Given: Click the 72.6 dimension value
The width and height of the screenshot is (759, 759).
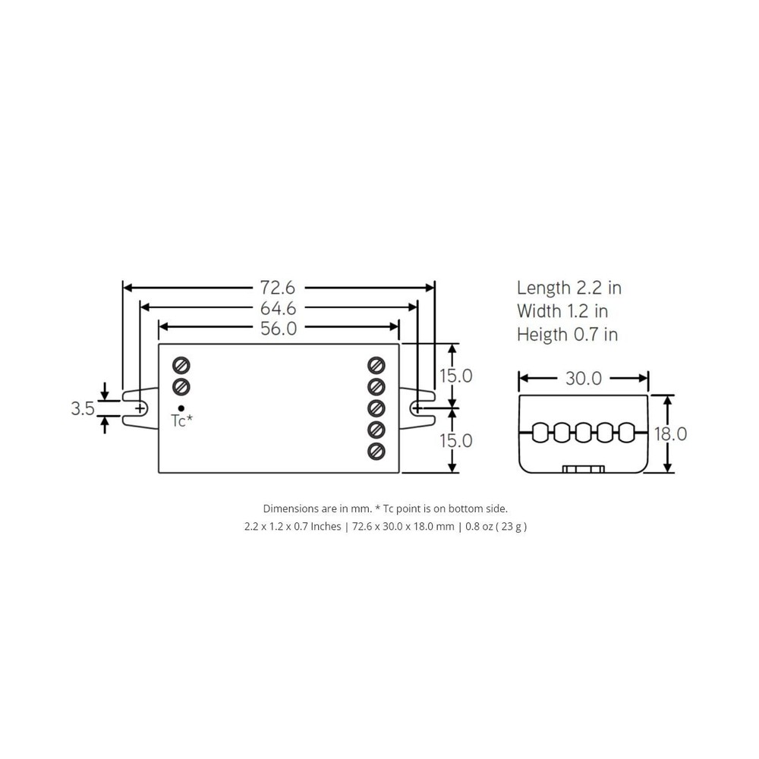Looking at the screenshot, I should click(x=277, y=288).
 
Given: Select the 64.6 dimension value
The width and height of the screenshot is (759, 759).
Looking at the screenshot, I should click(x=278, y=308).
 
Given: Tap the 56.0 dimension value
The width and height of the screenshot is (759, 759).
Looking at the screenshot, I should click(x=278, y=328).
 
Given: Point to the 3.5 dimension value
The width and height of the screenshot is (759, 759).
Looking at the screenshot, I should click(x=83, y=408).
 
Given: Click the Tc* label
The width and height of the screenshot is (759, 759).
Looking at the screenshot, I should click(x=181, y=422).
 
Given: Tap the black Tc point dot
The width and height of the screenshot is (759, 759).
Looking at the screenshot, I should click(x=181, y=408).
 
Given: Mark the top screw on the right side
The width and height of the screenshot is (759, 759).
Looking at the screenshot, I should click(x=376, y=364).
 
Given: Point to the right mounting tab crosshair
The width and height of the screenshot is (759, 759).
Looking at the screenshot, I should click(x=417, y=408).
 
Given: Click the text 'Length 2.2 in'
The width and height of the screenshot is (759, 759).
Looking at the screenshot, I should click(x=569, y=288).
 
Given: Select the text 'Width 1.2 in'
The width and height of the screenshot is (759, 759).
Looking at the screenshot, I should click(x=562, y=311).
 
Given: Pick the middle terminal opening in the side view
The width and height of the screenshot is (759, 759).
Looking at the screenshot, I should click(x=583, y=433).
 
